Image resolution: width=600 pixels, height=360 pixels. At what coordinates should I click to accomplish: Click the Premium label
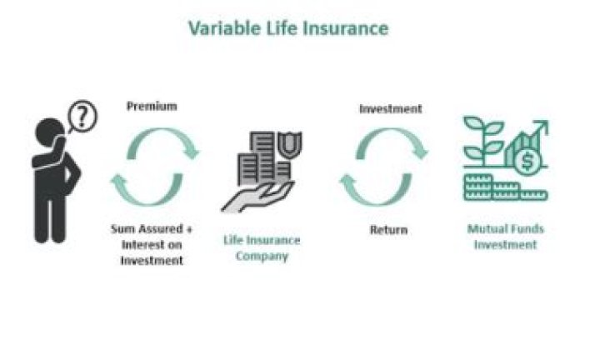tap(152, 106)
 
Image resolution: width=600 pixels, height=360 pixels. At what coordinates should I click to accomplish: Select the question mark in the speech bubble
tap(82, 115)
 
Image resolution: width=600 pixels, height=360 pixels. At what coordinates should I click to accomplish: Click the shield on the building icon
tap(291, 144)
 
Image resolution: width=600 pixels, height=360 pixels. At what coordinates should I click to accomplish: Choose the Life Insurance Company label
tap(261, 247)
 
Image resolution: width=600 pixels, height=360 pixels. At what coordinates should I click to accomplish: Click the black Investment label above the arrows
tap(390, 109)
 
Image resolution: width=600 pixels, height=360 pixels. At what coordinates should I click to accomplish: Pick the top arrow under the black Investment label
tap(395, 142)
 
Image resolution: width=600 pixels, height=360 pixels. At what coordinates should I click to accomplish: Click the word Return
tap(388, 229)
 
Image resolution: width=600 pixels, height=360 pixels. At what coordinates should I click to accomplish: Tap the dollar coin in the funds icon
tap(526, 162)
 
